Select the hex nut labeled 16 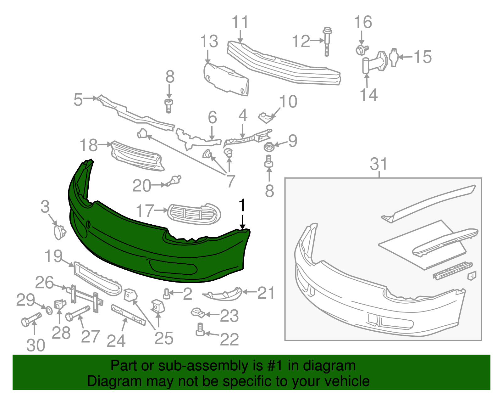click(361, 50)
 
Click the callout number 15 click(422, 57)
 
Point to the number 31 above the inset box click(379, 164)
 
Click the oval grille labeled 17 click(194, 214)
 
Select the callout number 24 click(116, 341)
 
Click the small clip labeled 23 click(198, 312)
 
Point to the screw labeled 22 click(200, 330)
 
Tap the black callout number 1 click(242, 205)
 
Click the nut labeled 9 click(269, 146)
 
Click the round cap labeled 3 click(59, 232)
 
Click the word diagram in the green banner click(336, 366)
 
